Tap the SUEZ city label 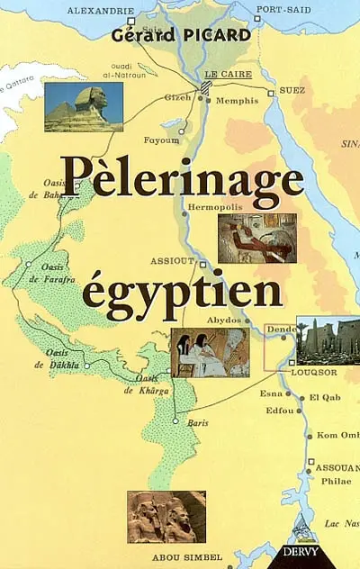coord(293,92)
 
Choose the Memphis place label coord(238,101)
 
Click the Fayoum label coord(162,140)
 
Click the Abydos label coord(223,320)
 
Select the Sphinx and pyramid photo coord(84,106)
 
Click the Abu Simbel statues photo coord(166,516)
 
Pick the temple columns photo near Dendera coord(328,339)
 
